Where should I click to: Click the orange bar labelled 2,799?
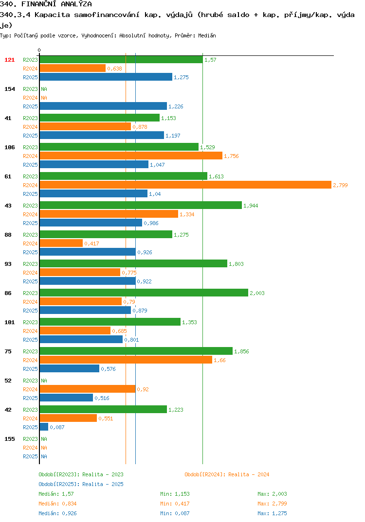pyautogui.click(x=185, y=185)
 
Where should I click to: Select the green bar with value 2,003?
pyautogui.click(x=144, y=293)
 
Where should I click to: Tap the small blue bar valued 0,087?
pyautogui.click(x=44, y=427)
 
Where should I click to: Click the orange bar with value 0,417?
pyautogui.click(x=61, y=243)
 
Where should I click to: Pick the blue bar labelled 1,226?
pyautogui.click(x=103, y=106)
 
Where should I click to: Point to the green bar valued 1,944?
pyautogui.click(x=141, y=205)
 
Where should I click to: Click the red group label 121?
pyautogui.click(x=10, y=60)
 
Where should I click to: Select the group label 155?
pyautogui.click(x=10, y=439)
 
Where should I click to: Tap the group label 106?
pyautogui.click(x=10, y=147)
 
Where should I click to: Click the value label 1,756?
pyautogui.click(x=231, y=156)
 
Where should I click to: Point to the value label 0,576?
pyautogui.click(x=109, y=369)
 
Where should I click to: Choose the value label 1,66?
pyautogui.click(x=219, y=360)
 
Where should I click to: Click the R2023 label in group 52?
pyautogui.click(x=30, y=381)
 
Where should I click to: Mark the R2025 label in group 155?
pyautogui.click(x=30, y=456)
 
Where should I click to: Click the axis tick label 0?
pyautogui.click(x=39, y=50)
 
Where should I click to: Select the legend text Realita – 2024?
pyautogui.click(x=249, y=474)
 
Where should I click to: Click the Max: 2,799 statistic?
pyautogui.click(x=272, y=504)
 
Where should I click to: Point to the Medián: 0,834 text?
pyautogui.click(x=57, y=504)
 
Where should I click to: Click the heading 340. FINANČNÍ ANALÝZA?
pyautogui.click(x=46, y=4)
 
